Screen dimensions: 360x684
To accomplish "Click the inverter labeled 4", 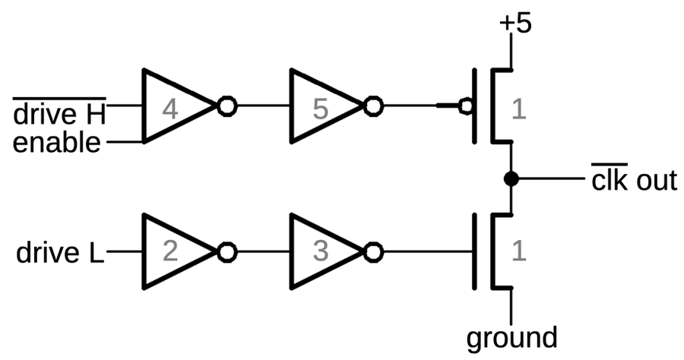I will [173, 108].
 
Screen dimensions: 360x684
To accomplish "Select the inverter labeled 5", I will [321, 108].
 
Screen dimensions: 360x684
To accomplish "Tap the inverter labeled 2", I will [173, 251].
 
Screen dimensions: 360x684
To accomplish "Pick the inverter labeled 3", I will [321, 251].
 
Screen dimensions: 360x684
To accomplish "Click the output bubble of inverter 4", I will [226, 107].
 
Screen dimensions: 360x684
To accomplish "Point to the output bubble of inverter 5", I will [372, 107].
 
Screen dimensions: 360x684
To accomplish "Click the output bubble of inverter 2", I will [226, 251].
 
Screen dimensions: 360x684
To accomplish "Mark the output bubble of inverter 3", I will [372, 251].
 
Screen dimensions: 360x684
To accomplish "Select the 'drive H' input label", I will [59, 115].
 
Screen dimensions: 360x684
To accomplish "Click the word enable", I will [57, 142].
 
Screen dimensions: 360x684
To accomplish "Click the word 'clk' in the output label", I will [609, 181].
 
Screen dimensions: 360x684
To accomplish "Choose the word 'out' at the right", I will [654, 181].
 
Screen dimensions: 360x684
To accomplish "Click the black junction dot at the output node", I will [511, 179].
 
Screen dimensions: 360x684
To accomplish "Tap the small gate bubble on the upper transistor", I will [466, 107].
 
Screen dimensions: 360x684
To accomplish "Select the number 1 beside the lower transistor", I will [518, 251].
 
